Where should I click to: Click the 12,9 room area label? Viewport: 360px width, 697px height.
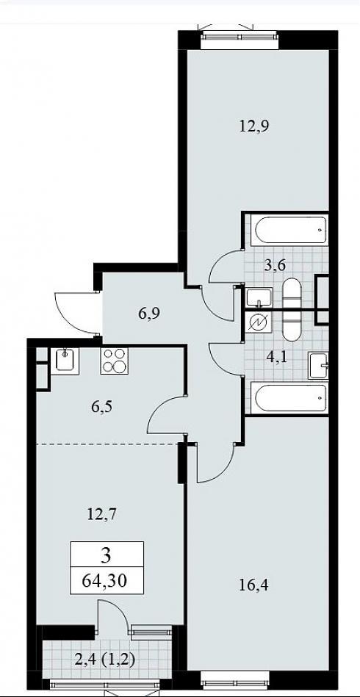[x=255, y=126]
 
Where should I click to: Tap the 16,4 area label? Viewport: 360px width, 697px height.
[x=253, y=585]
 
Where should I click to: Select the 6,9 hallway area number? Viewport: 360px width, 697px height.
[x=148, y=313]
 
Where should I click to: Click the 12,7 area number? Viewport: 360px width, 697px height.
[x=102, y=516]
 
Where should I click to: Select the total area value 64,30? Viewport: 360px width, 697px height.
[x=107, y=580]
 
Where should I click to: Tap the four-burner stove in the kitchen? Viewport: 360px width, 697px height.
[x=114, y=361]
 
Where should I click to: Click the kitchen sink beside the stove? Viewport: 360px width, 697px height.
[x=65, y=361]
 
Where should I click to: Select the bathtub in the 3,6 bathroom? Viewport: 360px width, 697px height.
[x=289, y=231]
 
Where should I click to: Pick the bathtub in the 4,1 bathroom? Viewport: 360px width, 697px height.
[x=289, y=398]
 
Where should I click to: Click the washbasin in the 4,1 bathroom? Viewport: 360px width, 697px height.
[x=318, y=365]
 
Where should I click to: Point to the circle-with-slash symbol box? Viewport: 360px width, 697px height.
[x=258, y=322]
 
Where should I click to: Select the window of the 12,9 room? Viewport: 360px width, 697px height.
[x=240, y=40]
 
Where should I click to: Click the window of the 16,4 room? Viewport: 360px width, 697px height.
[x=235, y=680]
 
